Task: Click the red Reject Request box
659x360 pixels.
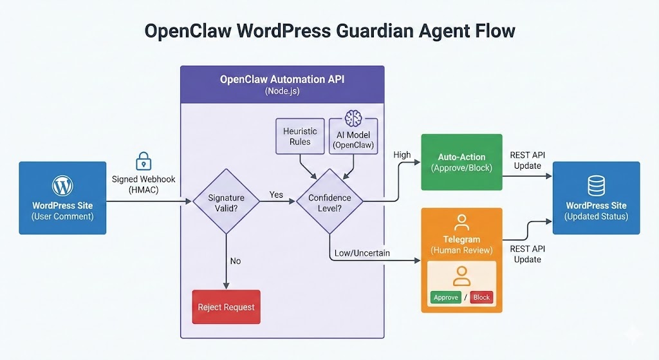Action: [x=226, y=307]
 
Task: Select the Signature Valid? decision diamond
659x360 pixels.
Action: [x=226, y=202]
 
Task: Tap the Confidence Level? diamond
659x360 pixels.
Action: [x=329, y=202]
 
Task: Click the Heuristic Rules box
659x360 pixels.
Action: [x=300, y=137]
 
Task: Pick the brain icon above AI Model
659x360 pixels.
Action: [x=353, y=118]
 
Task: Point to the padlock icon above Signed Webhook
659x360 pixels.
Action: [x=143, y=161]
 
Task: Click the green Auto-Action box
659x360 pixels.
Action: [x=461, y=162]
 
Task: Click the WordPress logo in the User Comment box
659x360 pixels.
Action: [x=62, y=187]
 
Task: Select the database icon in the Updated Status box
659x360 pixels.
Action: [x=596, y=187]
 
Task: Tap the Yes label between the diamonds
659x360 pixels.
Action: [x=276, y=194]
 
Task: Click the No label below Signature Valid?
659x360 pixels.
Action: [x=236, y=261]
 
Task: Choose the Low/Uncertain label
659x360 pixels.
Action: [x=362, y=253]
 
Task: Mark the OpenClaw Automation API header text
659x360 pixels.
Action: [x=282, y=80]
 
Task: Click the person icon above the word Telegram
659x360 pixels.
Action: [x=461, y=223]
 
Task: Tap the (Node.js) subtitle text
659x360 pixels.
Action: [x=282, y=92]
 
